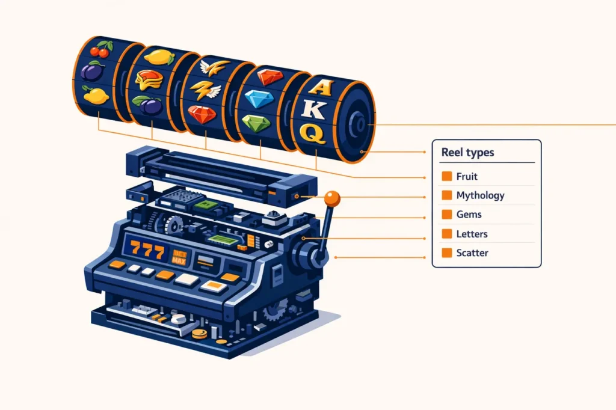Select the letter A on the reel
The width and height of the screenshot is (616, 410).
(321, 87)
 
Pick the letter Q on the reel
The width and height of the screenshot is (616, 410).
(313, 133)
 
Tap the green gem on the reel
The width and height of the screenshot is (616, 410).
(256, 123)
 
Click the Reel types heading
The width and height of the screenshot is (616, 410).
(467, 152)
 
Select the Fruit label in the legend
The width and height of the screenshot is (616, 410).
(467, 176)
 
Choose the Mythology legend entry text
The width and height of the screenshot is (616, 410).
(480, 195)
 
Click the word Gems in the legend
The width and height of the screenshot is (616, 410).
(469, 215)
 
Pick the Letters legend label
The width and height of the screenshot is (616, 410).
(472, 234)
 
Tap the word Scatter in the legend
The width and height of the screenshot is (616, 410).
(472, 253)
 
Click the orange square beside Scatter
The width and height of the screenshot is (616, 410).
(447, 253)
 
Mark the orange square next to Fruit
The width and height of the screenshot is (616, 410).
(447, 176)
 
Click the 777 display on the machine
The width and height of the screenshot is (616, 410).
(147, 249)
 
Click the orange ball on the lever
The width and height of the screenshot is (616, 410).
(332, 199)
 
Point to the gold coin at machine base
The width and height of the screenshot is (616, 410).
(199, 334)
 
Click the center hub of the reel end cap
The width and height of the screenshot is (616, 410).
(360, 124)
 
